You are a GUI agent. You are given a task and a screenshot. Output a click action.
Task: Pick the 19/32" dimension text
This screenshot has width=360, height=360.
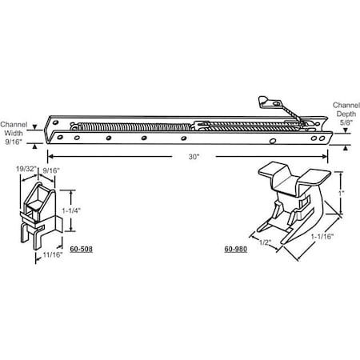(26, 169)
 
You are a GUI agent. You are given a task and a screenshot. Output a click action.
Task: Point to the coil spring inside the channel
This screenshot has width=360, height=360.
(136, 126)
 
